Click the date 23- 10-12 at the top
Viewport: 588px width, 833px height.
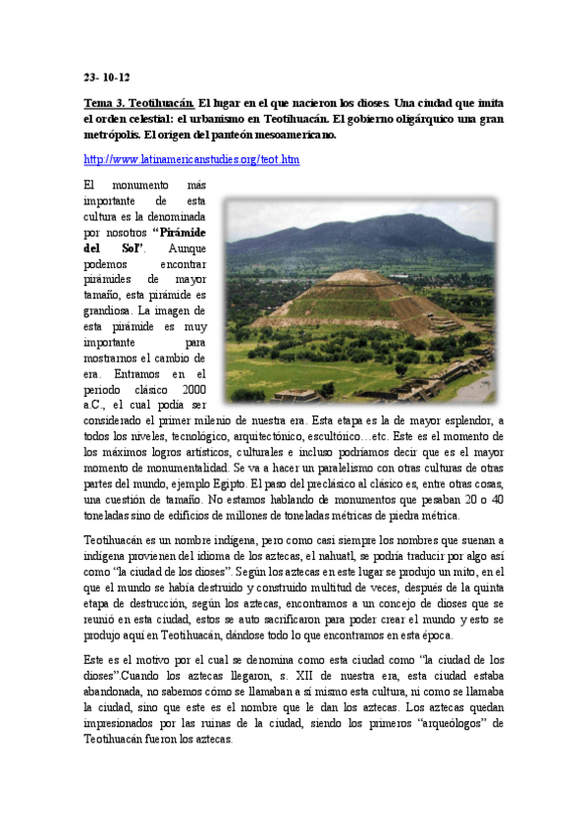(x=107, y=78)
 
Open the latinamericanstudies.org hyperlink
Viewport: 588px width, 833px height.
(x=191, y=159)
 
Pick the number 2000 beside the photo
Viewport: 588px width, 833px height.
(x=191, y=389)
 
